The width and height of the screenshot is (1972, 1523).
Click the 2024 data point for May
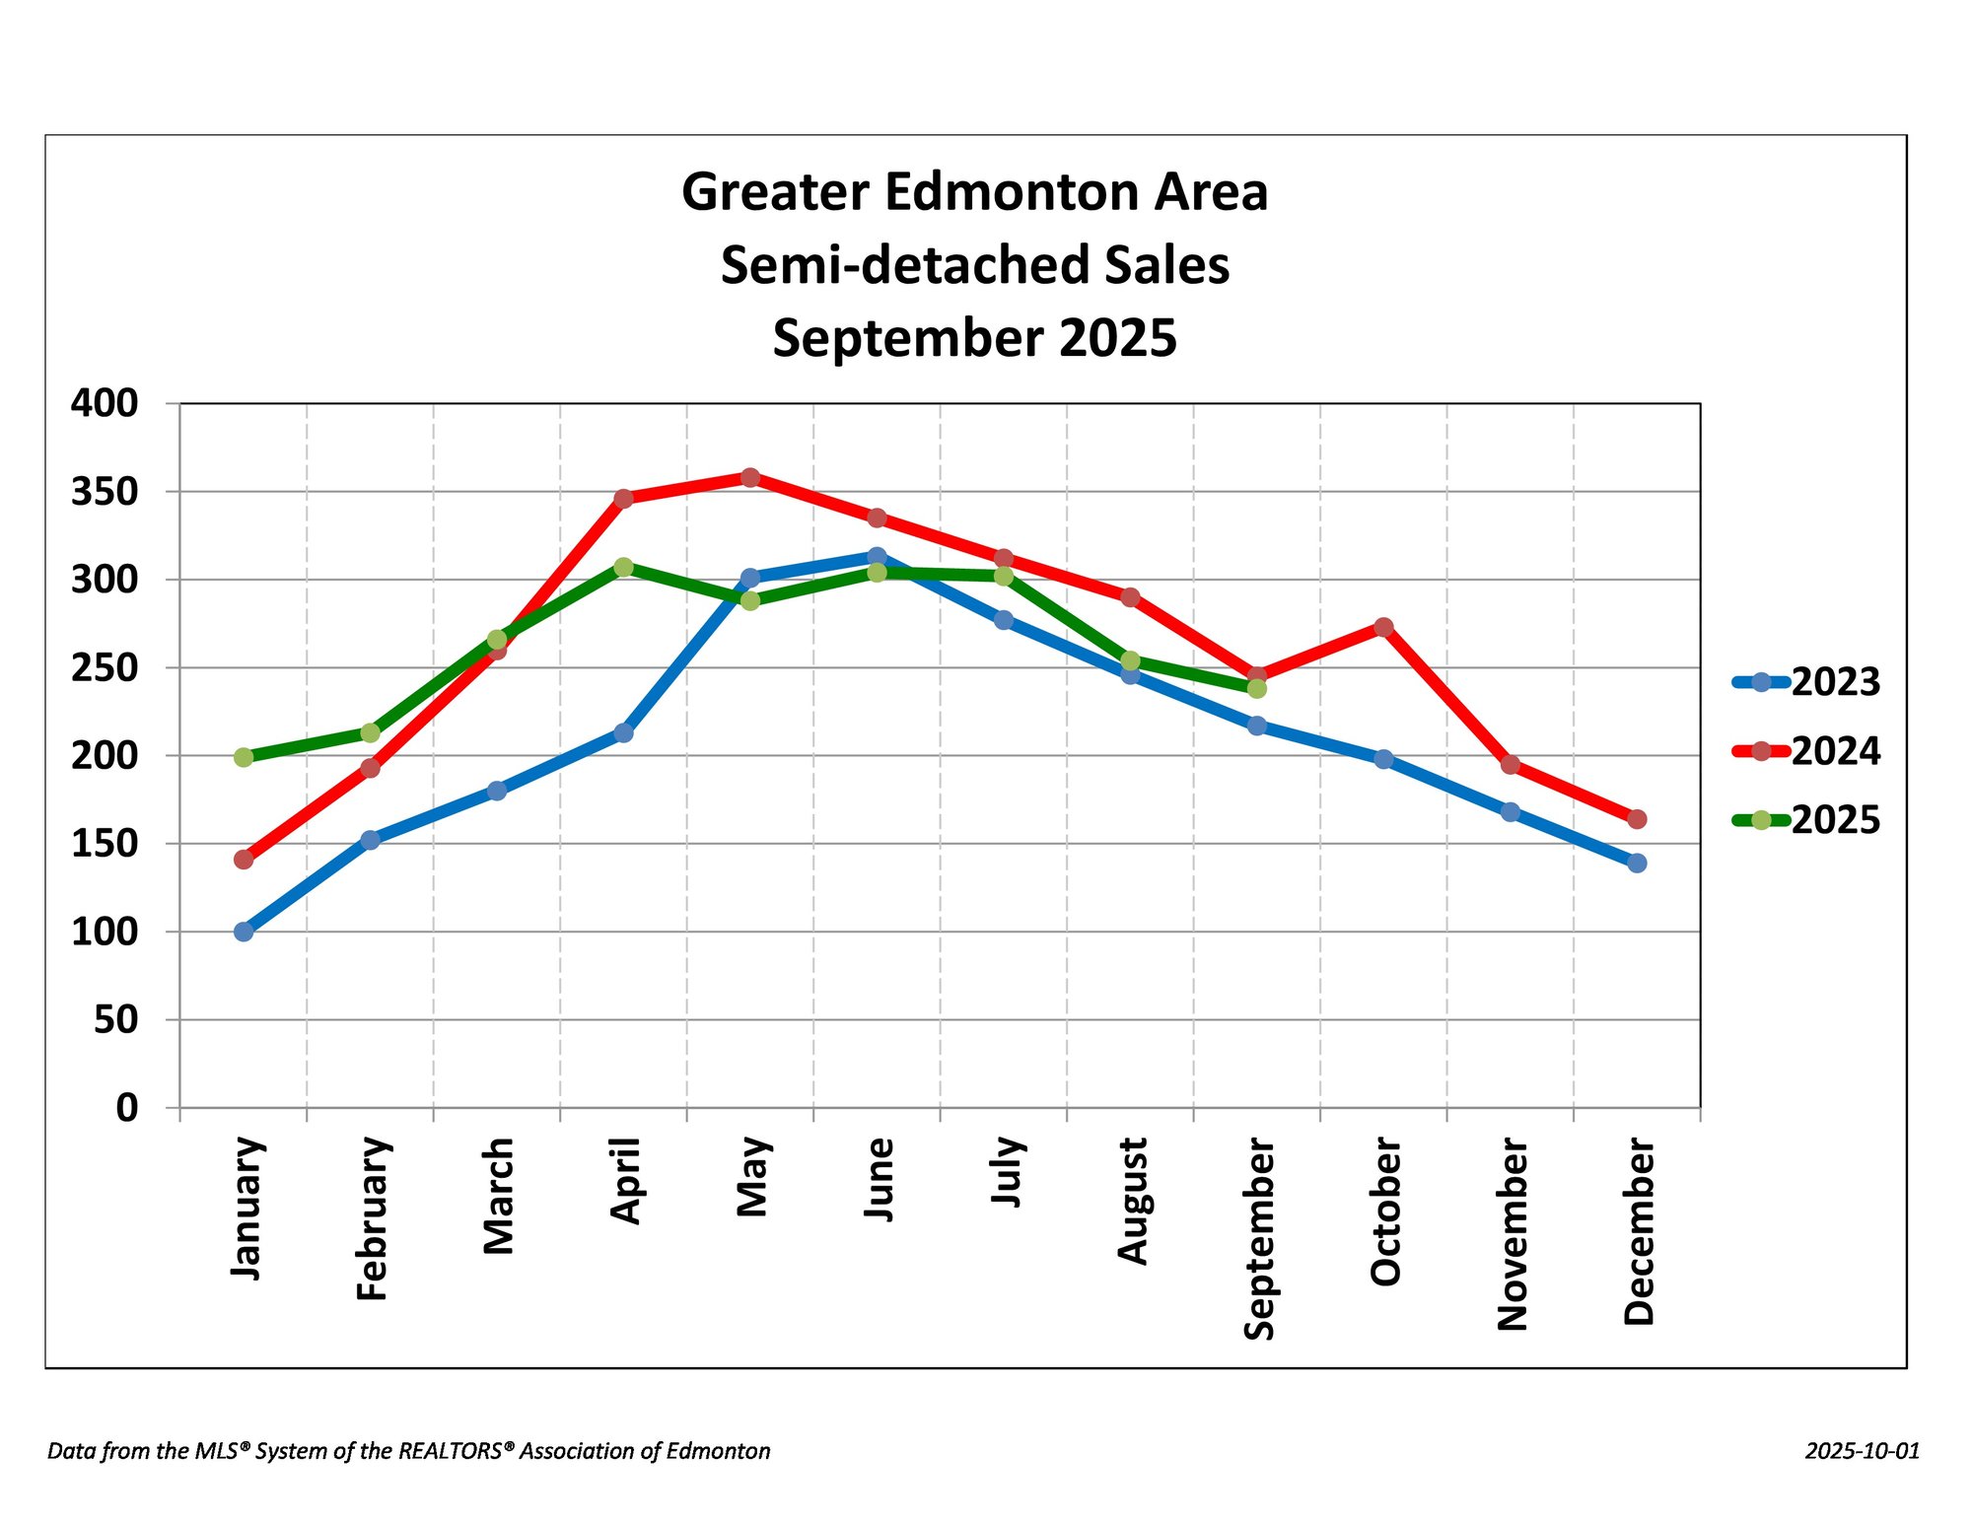click(750, 478)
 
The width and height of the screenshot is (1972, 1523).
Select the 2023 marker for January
click(244, 932)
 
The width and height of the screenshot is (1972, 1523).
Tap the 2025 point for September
click(1257, 688)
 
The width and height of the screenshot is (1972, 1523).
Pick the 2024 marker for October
click(1383, 627)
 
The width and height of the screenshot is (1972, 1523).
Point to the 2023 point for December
click(1637, 864)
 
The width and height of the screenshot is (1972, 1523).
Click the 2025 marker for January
click(244, 757)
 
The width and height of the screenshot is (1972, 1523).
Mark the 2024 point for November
click(1511, 765)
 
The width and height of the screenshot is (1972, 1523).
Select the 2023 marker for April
click(623, 732)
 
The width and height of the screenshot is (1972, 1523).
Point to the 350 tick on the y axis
click(105, 492)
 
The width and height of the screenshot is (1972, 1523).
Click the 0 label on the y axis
click(127, 1108)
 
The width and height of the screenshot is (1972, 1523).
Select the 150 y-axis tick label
click(105, 844)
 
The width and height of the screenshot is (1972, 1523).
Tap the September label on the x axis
click(1259, 1238)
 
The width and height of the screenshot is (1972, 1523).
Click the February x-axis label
click(373, 1218)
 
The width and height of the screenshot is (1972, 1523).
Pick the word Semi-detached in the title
click(857, 266)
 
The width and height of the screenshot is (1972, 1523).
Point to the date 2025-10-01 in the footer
click(1862, 1451)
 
